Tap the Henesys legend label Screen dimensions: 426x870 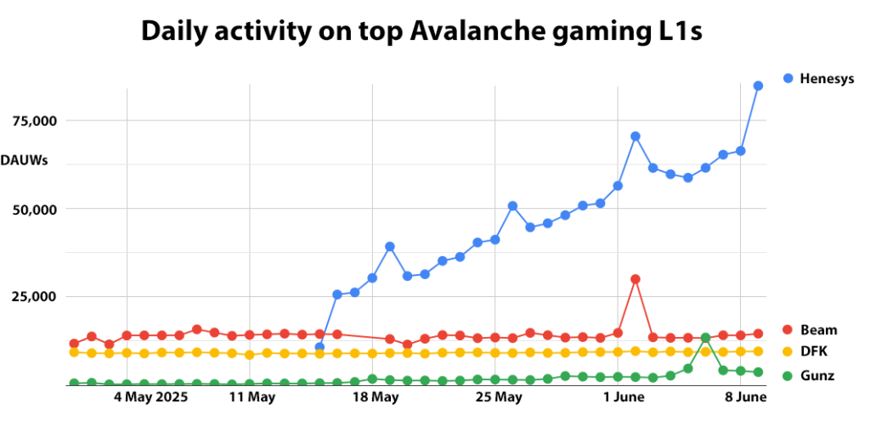coord(827,79)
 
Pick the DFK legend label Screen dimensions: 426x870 coord(815,351)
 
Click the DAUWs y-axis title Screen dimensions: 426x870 coord(24,160)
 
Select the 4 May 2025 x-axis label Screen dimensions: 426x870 coord(150,397)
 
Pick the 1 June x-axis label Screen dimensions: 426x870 coord(624,397)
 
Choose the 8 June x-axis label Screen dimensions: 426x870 coord(747,397)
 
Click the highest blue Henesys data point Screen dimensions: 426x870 coord(758,86)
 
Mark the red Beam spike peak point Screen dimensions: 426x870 coord(635,279)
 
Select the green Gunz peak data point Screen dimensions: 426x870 coord(705,338)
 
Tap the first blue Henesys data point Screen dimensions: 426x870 coord(319,347)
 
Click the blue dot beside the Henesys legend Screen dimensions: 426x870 coord(788,79)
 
